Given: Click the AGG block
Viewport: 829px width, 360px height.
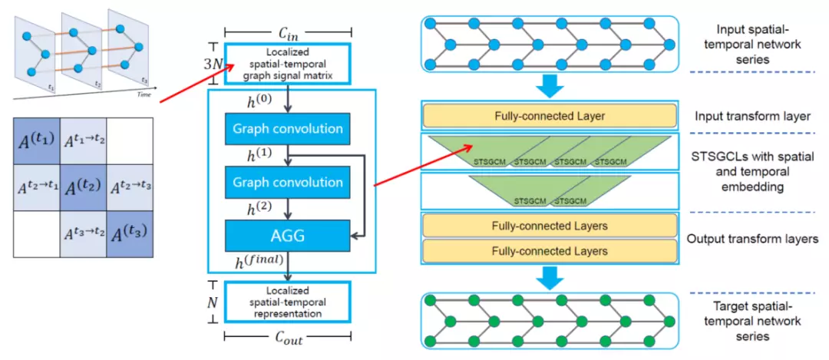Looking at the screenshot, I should point(286,236).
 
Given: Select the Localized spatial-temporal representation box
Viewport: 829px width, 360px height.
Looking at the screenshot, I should point(286,302).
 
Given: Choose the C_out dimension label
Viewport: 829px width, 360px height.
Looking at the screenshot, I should point(287,338).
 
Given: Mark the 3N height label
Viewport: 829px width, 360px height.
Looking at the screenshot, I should point(212,64).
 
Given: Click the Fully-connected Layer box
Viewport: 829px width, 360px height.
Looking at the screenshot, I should point(550,117).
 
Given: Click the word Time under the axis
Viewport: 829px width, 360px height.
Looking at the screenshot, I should point(144,94).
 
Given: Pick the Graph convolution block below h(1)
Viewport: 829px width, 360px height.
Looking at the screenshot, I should point(286,183).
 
